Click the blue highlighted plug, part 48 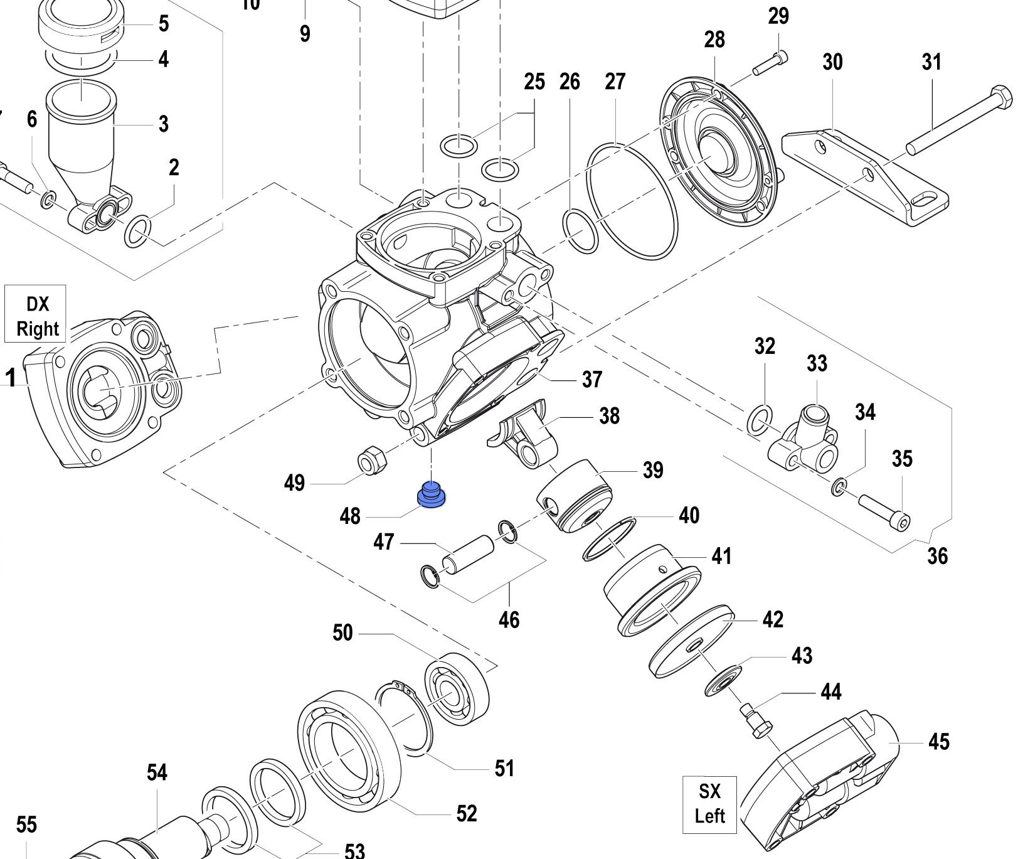432,495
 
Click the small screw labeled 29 770,63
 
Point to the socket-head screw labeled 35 884,511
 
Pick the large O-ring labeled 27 632,201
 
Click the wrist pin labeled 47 469,553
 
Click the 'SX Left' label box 709,804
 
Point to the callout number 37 591,379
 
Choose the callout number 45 938,742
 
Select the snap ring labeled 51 405,715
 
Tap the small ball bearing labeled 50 457,689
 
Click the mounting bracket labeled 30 865,176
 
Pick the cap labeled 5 80,26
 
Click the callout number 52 466,814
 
